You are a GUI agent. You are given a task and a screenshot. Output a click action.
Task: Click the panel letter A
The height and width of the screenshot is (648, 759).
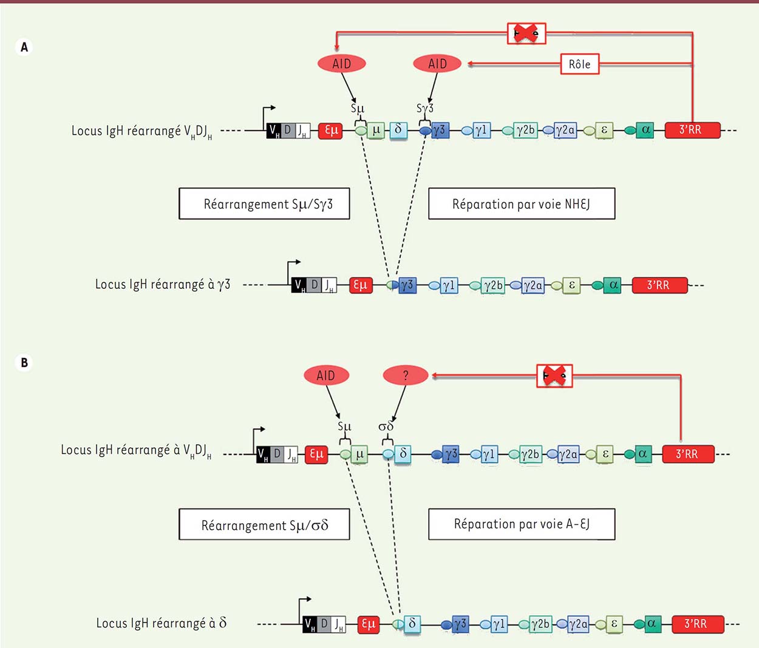24,47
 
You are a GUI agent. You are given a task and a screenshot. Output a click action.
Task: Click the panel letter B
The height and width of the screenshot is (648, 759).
24,363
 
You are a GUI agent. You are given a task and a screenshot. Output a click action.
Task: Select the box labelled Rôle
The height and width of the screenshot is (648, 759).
579,64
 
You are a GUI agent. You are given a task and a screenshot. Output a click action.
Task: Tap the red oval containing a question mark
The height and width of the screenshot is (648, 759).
406,376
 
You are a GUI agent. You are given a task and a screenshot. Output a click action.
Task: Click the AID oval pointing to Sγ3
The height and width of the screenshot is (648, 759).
437,64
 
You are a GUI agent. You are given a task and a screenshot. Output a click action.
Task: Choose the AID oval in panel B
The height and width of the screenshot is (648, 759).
326,376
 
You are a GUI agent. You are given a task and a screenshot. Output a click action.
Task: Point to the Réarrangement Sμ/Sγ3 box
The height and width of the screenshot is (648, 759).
264,204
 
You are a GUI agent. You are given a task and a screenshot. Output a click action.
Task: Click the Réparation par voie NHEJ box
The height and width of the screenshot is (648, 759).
522,204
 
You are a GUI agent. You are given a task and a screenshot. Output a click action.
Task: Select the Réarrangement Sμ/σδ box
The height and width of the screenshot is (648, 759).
264,525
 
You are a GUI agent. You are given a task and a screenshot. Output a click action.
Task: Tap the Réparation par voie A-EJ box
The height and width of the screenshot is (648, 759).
522,524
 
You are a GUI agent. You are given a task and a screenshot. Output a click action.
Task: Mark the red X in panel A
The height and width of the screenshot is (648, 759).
526,34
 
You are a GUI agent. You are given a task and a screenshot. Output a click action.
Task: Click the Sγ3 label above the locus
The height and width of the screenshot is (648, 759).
425,108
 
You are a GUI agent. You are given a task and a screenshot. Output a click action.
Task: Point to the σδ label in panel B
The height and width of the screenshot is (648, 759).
386,426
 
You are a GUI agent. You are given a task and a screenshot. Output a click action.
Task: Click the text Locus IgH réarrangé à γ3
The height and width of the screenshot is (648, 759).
163,284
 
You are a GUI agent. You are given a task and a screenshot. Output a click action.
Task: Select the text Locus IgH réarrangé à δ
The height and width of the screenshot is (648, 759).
162,623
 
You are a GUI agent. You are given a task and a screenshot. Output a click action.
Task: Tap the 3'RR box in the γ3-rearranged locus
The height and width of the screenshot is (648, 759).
659,285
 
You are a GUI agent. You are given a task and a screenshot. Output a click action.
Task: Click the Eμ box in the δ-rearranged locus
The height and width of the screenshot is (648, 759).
369,624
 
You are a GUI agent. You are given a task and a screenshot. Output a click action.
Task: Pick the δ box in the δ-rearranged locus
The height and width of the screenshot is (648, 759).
413,624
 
